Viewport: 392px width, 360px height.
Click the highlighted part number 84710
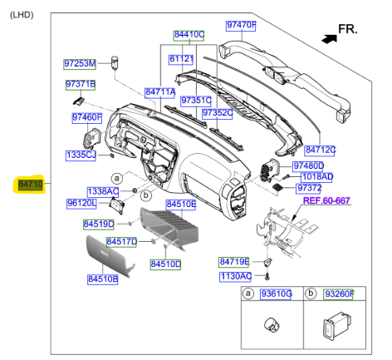pyautogui.click(x=29, y=182)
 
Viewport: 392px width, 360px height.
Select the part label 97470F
pyautogui.click(x=242, y=26)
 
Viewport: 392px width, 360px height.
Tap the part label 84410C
pyautogui.click(x=189, y=35)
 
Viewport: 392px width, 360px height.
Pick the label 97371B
pyautogui.click(x=81, y=85)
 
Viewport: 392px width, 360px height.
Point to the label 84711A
pyautogui.click(x=159, y=92)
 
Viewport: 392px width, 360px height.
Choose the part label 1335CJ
pyautogui.click(x=81, y=155)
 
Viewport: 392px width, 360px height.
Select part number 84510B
pyautogui.click(x=103, y=279)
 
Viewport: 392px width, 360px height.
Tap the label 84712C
pyautogui.click(x=320, y=150)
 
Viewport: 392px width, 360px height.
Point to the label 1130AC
pyautogui.click(x=235, y=276)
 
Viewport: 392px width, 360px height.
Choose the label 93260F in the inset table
pyautogui.click(x=337, y=294)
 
